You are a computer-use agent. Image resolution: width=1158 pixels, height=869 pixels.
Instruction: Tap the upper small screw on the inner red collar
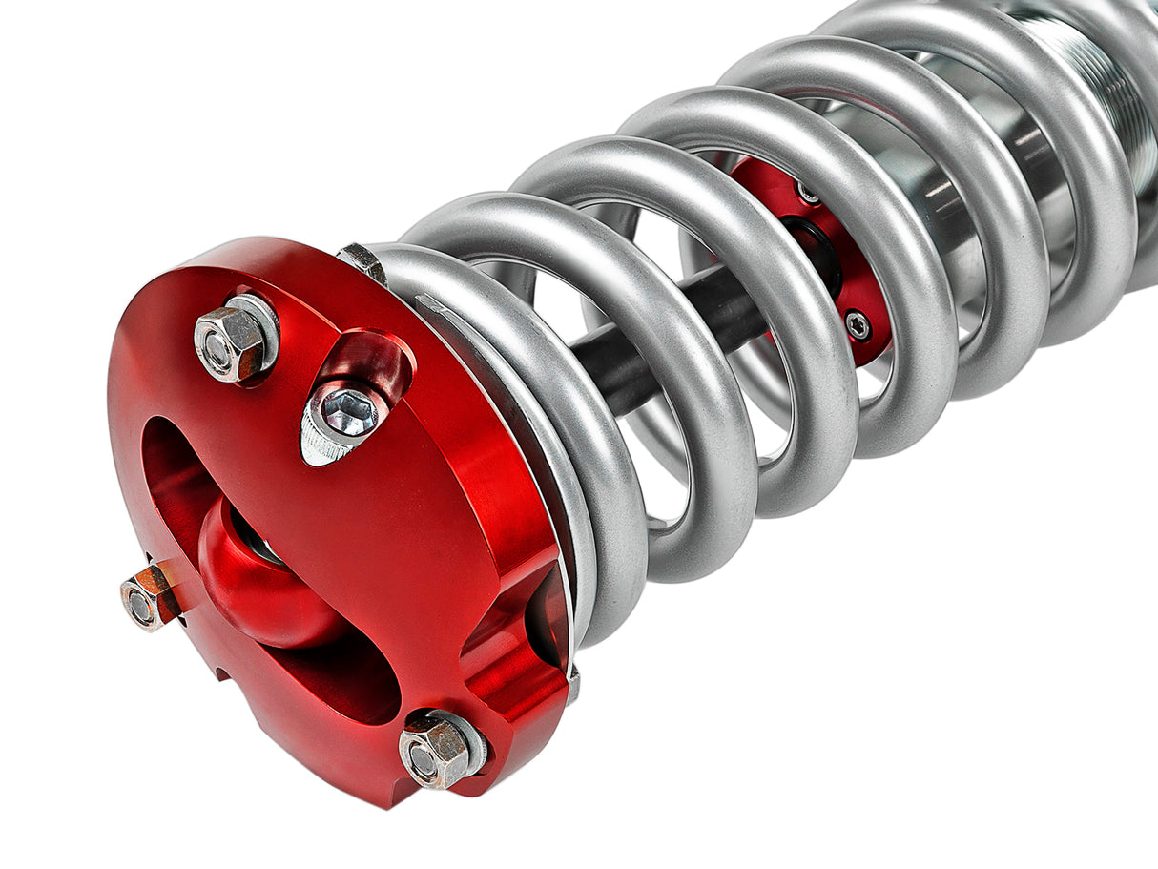[x=809, y=194]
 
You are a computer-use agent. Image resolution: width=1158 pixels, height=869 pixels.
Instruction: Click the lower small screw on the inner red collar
[x=858, y=325]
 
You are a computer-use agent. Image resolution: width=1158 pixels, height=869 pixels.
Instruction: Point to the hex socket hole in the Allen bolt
[x=348, y=410]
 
